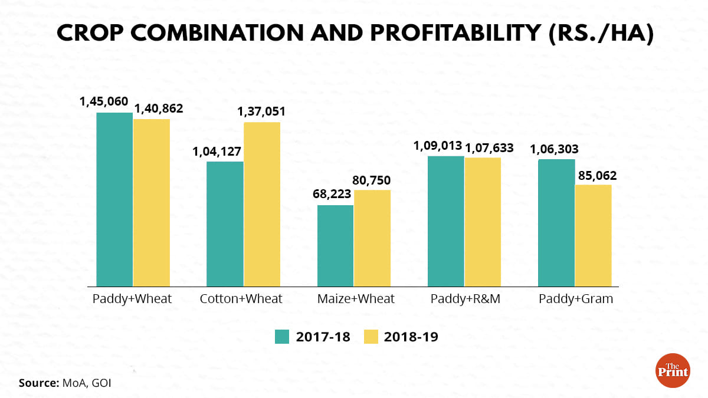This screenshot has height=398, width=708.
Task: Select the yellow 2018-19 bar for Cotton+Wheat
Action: pos(261,204)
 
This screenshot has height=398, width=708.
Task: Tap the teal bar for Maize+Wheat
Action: pos(335,245)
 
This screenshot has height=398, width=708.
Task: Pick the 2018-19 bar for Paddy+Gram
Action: pos(593,235)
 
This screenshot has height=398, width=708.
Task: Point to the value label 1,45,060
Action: pos(104,101)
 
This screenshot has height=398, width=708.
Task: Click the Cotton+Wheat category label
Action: pos(241,299)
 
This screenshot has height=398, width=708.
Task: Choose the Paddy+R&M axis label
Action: pos(465,299)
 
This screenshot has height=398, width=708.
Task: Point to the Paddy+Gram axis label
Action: pos(575,299)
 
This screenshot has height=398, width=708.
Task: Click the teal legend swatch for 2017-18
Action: pos(283,337)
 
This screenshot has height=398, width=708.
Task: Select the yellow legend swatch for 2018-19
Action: pos(370,337)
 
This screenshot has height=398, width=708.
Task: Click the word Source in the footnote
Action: pos(38,383)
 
